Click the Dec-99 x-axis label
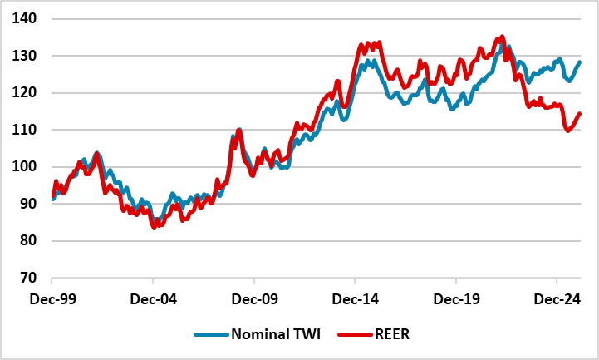coord(52,297)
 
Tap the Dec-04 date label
coord(153,297)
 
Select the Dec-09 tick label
coord(254,297)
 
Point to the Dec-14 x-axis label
coord(355,297)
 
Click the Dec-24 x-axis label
coord(556,297)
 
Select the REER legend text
coord(391,334)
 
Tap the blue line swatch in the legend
coord(210,334)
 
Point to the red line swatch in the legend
coord(353,334)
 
